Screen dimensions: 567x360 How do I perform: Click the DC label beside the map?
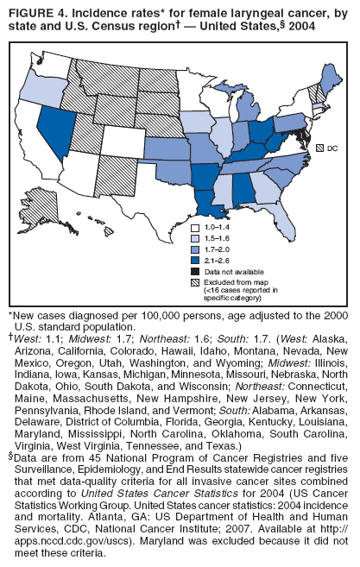coord(332,148)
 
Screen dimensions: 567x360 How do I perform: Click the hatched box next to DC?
coord(319,148)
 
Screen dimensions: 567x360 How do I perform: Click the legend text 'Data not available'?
coord(232,270)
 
